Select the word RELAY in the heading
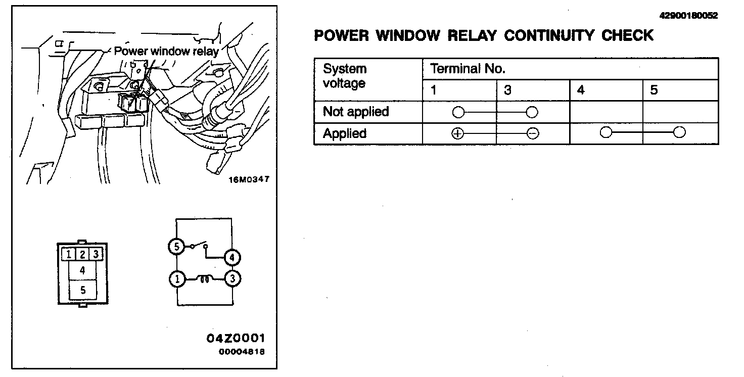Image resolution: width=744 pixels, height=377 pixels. tap(472, 35)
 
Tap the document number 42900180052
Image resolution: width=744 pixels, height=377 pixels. tap(688, 16)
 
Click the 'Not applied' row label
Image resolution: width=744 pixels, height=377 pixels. tap(356, 112)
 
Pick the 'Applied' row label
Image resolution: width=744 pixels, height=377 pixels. tap(345, 133)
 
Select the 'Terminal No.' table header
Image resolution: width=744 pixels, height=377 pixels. tap(468, 69)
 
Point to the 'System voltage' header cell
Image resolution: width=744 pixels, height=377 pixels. tap(345, 76)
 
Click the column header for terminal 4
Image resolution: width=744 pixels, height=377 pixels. tap(581, 90)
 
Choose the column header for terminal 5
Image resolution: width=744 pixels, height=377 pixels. tap(654, 90)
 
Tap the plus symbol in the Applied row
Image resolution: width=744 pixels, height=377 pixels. tap(457, 133)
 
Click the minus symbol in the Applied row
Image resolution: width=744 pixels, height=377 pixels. tap(532, 133)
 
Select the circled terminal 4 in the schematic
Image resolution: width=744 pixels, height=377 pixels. tap(232, 258)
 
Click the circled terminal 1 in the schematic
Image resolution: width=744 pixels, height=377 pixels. tap(176, 279)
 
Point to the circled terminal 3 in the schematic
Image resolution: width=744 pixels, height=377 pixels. tap(232, 279)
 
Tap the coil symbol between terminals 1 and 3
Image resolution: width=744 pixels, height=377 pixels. tap(205, 278)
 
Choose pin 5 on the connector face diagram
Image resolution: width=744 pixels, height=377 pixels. tap(82, 290)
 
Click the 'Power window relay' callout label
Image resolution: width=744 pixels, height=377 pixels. tap(166, 51)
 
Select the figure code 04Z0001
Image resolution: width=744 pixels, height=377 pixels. tap(236, 338)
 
